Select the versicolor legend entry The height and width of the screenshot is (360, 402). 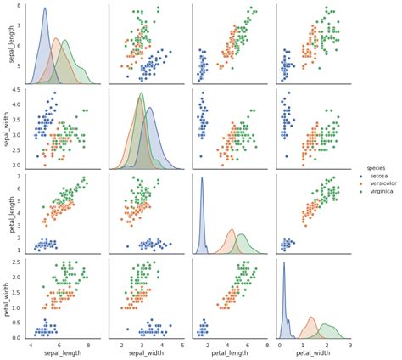[382, 184]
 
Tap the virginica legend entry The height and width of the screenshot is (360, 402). [381, 193]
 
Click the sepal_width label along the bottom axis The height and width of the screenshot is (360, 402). [144, 353]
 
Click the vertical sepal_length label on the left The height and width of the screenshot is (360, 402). [8, 43]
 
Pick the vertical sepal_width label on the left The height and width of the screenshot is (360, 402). [8, 127]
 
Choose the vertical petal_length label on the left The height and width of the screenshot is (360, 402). [8, 211]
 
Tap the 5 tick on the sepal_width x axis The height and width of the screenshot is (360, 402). [181, 344]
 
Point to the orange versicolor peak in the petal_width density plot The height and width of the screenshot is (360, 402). [311, 318]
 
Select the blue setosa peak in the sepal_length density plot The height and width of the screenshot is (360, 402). [45, 8]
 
